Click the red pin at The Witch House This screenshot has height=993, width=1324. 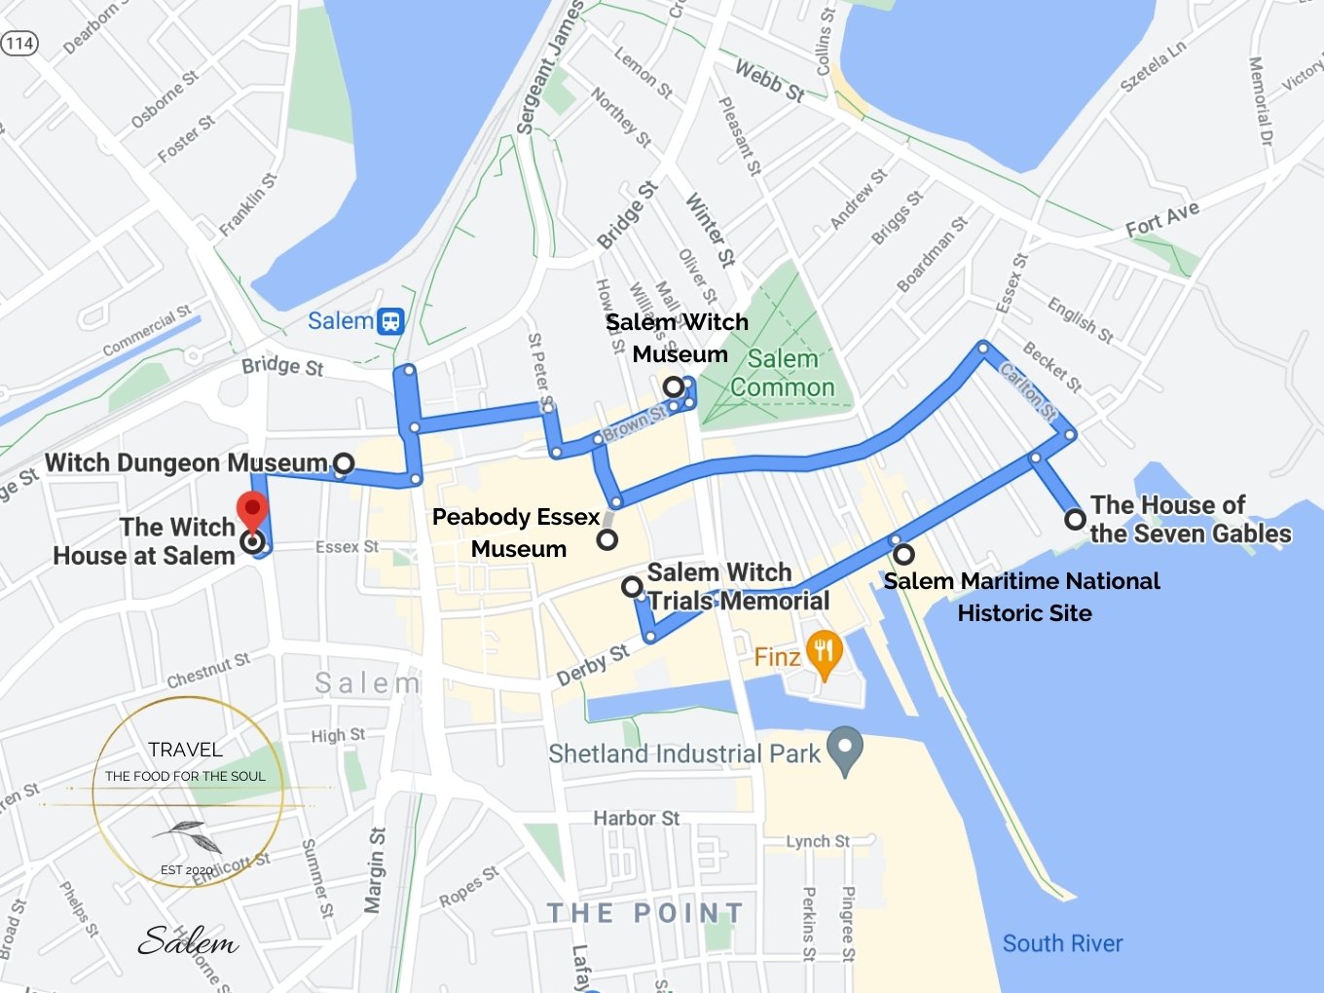tap(252, 509)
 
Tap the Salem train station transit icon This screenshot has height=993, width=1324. tap(390, 321)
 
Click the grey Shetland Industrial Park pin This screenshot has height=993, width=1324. tap(844, 751)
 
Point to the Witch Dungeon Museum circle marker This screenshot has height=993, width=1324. tap(343, 463)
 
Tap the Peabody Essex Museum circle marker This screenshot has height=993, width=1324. tap(607, 539)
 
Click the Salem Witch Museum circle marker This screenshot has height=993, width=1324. tap(673, 386)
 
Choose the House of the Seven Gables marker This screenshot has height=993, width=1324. tap(1075, 519)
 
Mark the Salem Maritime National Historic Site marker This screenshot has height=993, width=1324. tap(903, 554)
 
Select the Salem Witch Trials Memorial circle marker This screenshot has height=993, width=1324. tap(632, 586)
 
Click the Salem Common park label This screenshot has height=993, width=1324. tap(783, 373)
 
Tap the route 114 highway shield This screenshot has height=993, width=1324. tap(18, 43)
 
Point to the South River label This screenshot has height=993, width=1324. tap(1062, 943)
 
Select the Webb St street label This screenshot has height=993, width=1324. tap(769, 80)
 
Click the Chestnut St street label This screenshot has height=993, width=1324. tap(207, 671)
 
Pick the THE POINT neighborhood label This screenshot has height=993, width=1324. tap(644, 913)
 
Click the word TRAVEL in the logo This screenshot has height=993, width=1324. tap(185, 750)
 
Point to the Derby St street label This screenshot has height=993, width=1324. tap(592, 665)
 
